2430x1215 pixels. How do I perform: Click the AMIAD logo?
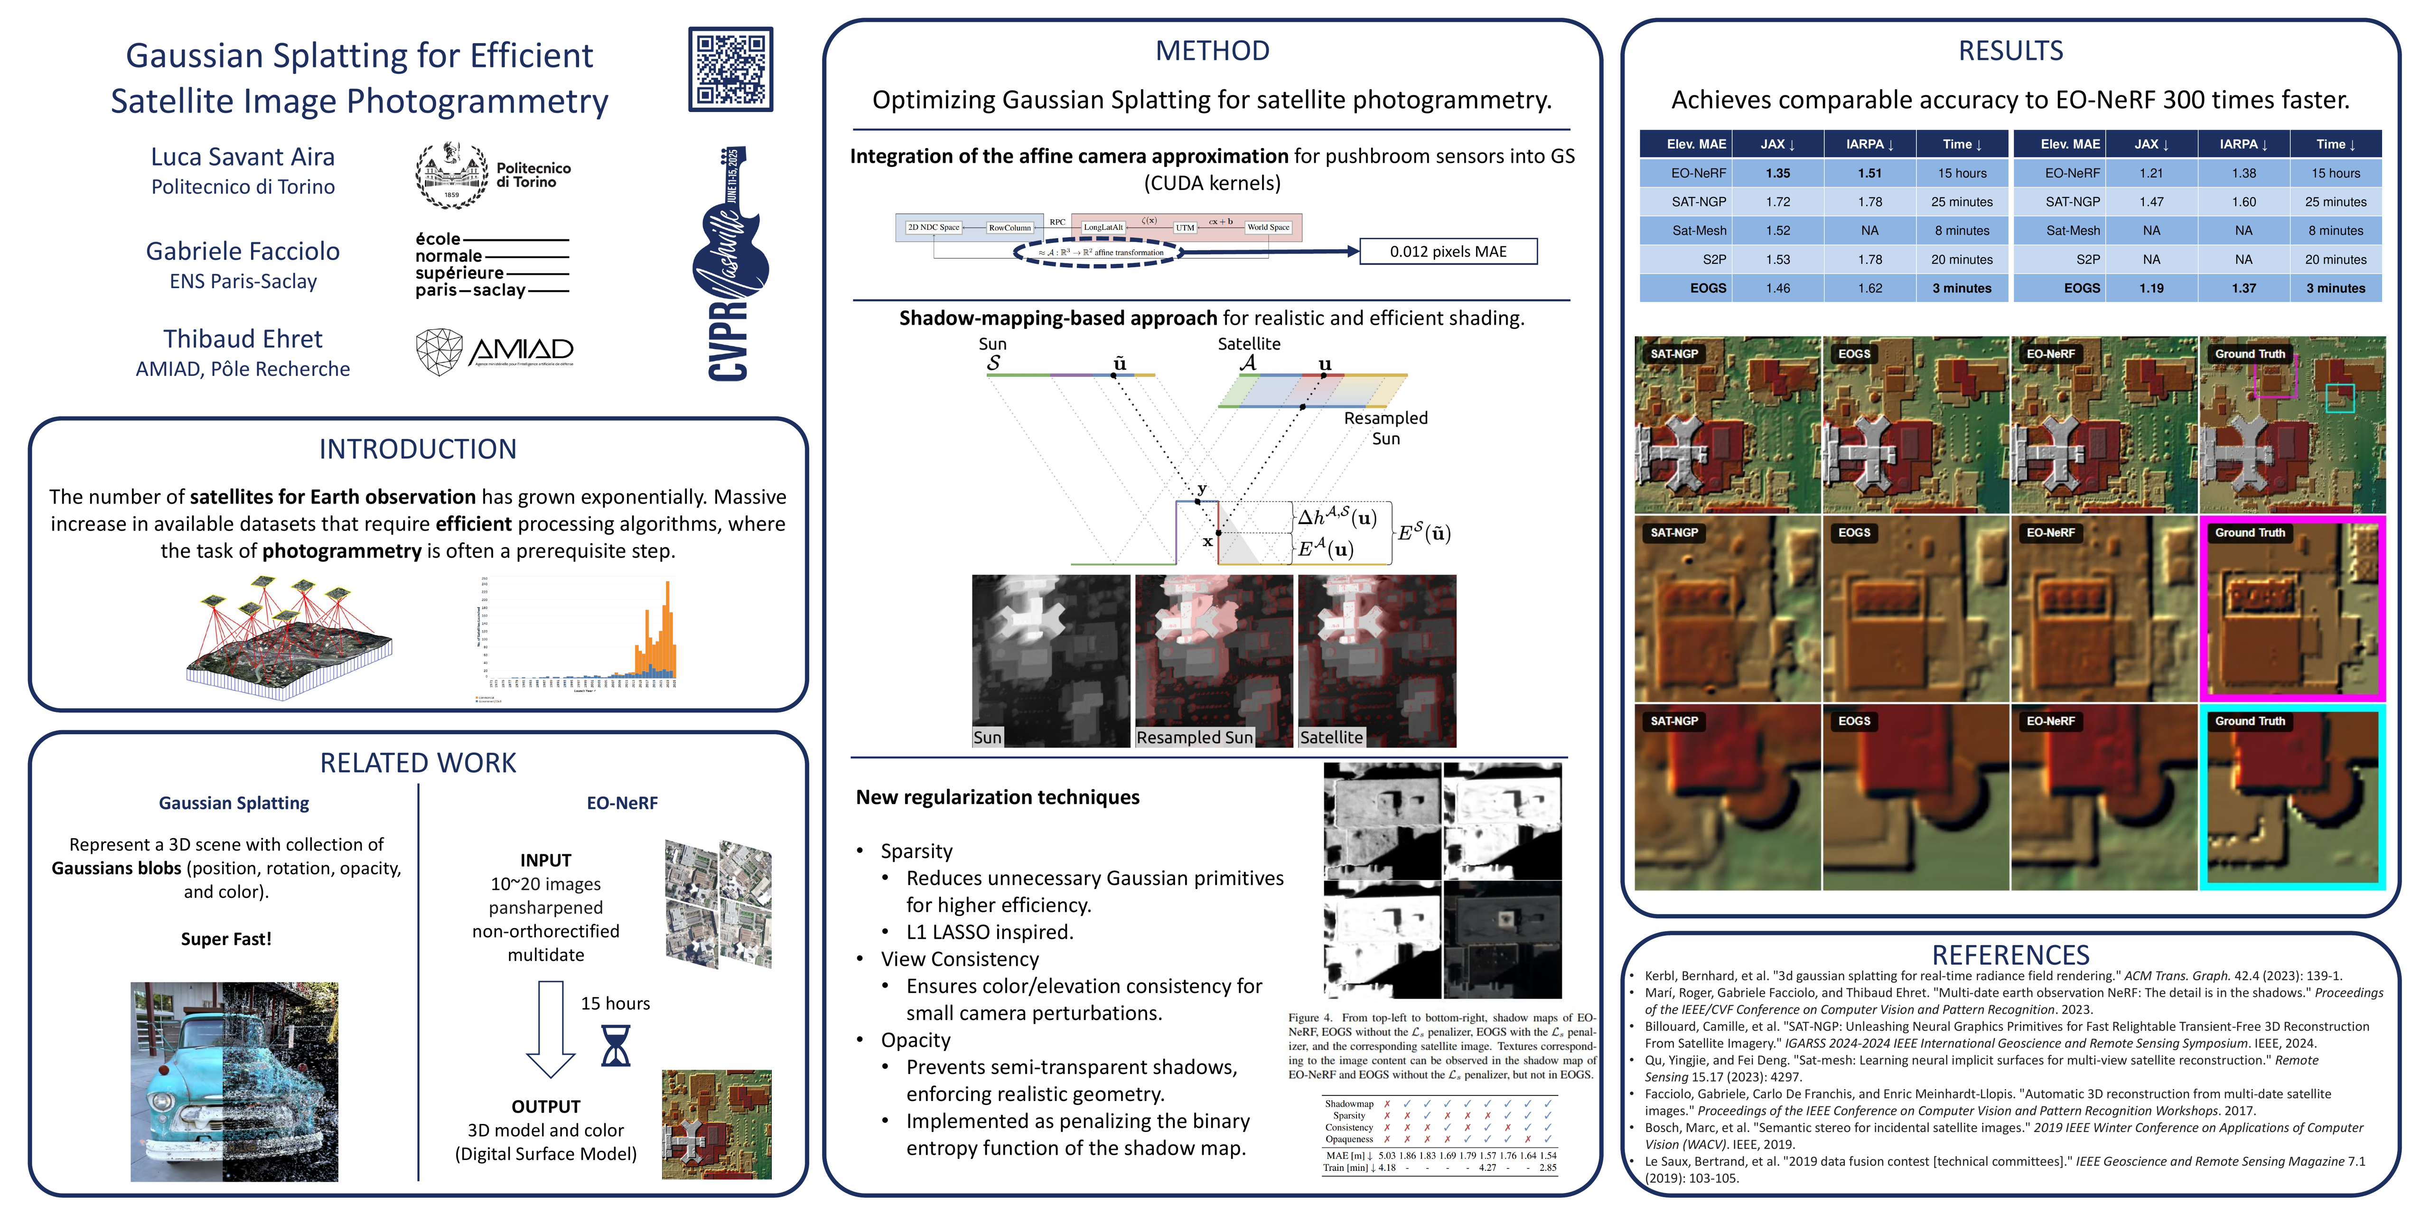(x=494, y=352)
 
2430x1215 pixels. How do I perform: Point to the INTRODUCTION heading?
(x=417, y=449)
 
